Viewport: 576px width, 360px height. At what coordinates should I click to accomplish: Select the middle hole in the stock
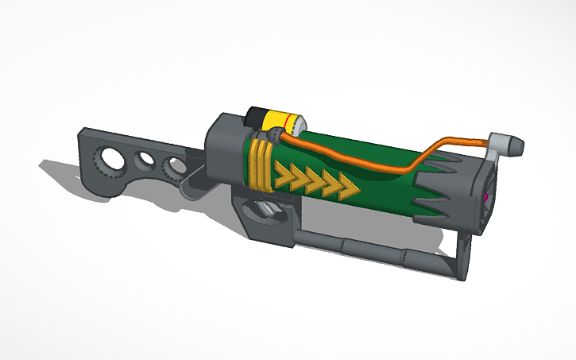145,160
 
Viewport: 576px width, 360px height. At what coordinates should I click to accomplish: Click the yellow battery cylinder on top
278,121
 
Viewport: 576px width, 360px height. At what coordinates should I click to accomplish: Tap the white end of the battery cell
299,125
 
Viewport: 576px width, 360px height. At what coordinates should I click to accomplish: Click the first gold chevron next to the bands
284,176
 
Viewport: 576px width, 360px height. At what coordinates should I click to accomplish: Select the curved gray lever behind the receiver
187,183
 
